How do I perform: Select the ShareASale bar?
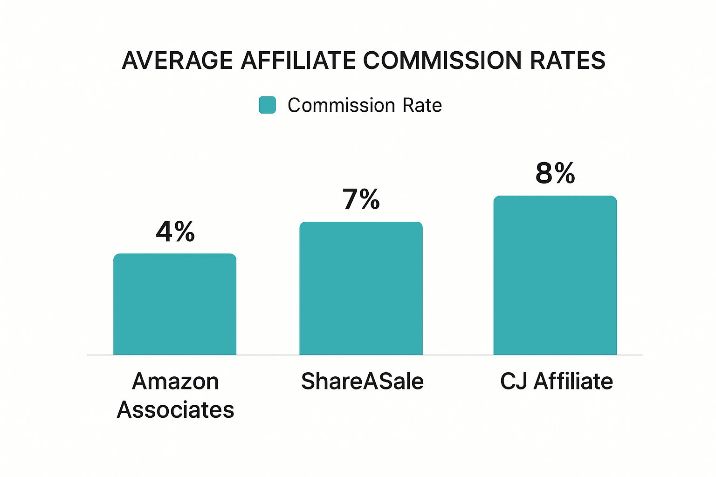(x=361, y=288)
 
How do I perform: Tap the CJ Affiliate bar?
(x=555, y=275)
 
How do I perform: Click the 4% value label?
(x=175, y=232)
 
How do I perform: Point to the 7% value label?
(x=361, y=199)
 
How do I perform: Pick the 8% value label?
(x=555, y=173)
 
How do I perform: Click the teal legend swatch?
(x=267, y=105)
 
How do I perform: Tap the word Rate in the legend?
(x=422, y=105)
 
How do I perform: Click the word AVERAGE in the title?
(x=177, y=61)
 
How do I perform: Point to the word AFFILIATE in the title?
(x=298, y=61)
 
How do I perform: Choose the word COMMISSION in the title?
(x=442, y=61)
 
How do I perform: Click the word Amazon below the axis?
(x=175, y=382)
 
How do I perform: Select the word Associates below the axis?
(x=175, y=410)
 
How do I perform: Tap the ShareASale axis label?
(x=362, y=382)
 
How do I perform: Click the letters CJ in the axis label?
(x=514, y=382)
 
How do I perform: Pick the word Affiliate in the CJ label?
(x=573, y=382)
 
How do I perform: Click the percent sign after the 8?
(x=565, y=173)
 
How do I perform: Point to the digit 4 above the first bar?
(x=165, y=232)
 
